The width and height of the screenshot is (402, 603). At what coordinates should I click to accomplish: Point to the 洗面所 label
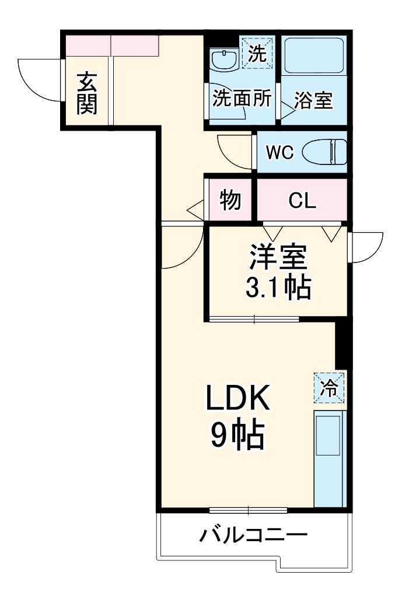coord(241,99)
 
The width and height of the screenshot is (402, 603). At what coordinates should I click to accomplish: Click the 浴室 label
coord(313,101)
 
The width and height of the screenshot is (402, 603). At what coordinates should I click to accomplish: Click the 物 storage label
coord(230,200)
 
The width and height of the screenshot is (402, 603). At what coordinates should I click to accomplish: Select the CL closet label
coord(302,201)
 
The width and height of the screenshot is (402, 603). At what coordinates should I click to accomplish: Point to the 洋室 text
coord(278,257)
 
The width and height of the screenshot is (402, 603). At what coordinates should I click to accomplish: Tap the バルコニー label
coord(254,535)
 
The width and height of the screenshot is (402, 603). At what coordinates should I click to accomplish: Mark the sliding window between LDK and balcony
coord(249,510)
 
